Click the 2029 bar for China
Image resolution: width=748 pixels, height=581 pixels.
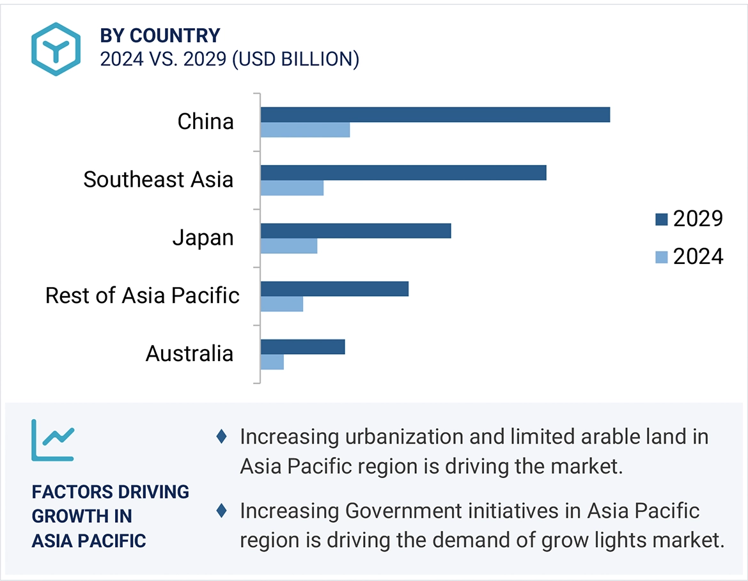pyautogui.click(x=435, y=114)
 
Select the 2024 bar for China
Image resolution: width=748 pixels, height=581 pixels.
pyautogui.click(x=305, y=130)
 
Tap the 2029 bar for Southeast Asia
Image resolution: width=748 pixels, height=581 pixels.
pyautogui.click(x=403, y=173)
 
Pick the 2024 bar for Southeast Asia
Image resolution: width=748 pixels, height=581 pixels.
pyautogui.click(x=292, y=188)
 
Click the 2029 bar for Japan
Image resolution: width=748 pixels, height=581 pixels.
pyautogui.click(x=355, y=231)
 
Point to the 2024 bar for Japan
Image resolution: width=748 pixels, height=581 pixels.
pyautogui.click(x=288, y=246)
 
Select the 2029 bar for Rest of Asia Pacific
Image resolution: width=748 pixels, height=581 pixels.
pyautogui.click(x=334, y=289)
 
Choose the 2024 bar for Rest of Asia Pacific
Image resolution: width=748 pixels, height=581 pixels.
pyautogui.click(x=281, y=304)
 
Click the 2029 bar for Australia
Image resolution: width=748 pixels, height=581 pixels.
pyautogui.click(x=302, y=346)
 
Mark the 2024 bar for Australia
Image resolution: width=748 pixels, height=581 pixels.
pyautogui.click(x=272, y=362)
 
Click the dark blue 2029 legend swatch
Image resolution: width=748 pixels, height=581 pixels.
pyautogui.click(x=662, y=220)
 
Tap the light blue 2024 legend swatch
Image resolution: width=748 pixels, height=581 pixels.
pyautogui.click(x=662, y=258)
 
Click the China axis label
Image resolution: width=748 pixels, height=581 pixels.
pyautogui.click(x=205, y=121)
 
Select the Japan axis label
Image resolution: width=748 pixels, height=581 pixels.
pyautogui.click(x=203, y=238)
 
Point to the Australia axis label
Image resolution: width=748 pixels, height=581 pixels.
pyautogui.click(x=189, y=353)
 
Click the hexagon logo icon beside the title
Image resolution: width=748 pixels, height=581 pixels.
pyautogui.click(x=56, y=49)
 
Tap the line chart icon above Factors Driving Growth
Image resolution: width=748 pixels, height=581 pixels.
pyautogui.click(x=52, y=440)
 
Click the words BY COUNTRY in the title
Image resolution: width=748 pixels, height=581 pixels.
pyautogui.click(x=160, y=36)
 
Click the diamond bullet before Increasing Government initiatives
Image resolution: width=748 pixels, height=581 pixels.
pyautogui.click(x=222, y=511)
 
